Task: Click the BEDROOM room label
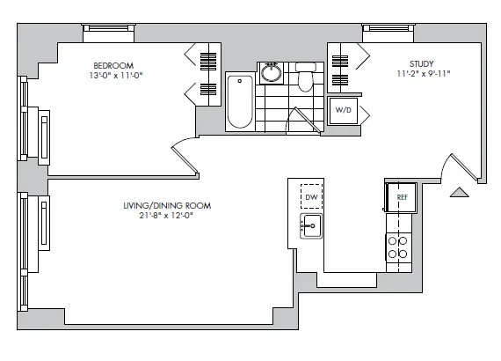tap(113, 65)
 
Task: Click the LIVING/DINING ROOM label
tap(168, 205)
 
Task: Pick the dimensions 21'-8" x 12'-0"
tap(168, 216)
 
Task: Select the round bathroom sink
tap(272, 72)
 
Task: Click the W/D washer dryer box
tap(342, 111)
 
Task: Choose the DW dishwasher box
tap(310, 195)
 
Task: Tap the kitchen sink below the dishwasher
tap(310, 226)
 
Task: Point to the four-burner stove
tap(399, 246)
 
